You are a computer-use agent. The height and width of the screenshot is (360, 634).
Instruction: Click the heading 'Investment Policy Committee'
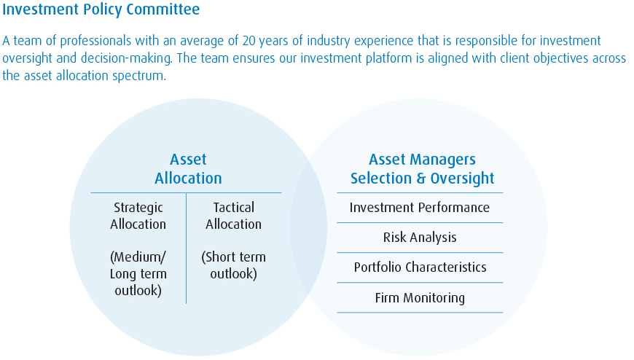point(101,9)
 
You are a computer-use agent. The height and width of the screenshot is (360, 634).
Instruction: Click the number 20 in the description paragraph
point(248,41)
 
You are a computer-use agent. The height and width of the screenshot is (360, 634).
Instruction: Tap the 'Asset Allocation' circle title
point(188,168)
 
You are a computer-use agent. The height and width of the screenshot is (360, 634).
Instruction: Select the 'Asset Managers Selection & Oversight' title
point(422,169)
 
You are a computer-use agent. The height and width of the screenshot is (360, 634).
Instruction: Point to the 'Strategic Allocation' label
point(138,216)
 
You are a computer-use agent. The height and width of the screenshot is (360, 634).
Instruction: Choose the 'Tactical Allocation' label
point(234,216)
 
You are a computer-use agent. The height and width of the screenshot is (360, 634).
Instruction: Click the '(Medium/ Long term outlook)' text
point(138,274)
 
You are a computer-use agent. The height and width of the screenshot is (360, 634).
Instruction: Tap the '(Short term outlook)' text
point(234,265)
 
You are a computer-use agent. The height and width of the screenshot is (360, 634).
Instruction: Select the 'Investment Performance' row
point(420,208)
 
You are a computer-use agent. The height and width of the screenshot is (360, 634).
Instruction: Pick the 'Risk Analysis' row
point(420,238)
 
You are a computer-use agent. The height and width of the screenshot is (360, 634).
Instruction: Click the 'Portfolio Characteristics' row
point(420,267)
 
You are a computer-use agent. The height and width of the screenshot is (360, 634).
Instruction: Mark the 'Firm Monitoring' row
point(420,298)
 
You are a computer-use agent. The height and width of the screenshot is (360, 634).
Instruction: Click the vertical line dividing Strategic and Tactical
point(187,248)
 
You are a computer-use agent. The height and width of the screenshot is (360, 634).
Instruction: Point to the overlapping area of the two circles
point(308,227)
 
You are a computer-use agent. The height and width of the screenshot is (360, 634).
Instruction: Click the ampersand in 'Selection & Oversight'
point(421,179)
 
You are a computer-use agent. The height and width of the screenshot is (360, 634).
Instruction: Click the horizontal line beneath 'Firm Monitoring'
point(420,313)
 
